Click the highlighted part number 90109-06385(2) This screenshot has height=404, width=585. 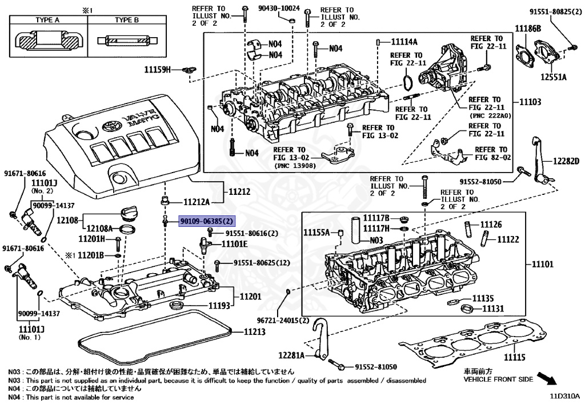[x=207, y=221]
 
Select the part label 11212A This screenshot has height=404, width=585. [x=197, y=202]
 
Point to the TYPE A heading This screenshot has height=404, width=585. [x=48, y=20]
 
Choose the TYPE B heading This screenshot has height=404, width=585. [x=127, y=20]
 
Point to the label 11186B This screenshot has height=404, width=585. [x=528, y=27]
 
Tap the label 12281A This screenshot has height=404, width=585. [x=292, y=355]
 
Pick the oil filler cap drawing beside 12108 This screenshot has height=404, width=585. [x=130, y=214]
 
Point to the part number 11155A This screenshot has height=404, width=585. [x=316, y=233]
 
